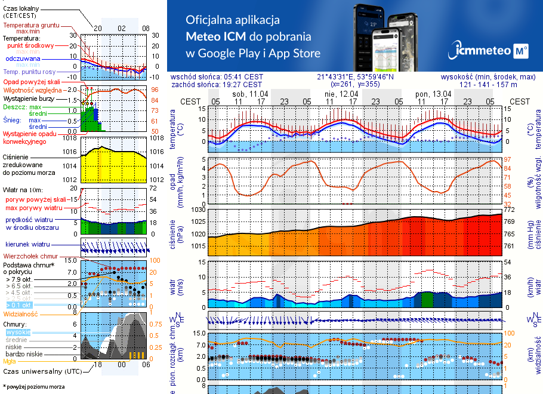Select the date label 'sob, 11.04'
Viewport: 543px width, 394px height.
pos(250,94)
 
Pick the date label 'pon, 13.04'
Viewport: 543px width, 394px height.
pos(433,94)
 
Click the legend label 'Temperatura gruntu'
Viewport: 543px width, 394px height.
pos(30,26)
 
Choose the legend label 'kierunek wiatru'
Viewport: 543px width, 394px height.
pos(27,245)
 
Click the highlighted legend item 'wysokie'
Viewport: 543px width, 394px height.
pos(18,332)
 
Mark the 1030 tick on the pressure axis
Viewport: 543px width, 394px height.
pos(196,210)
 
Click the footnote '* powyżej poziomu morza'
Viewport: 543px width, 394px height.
pos(34,387)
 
